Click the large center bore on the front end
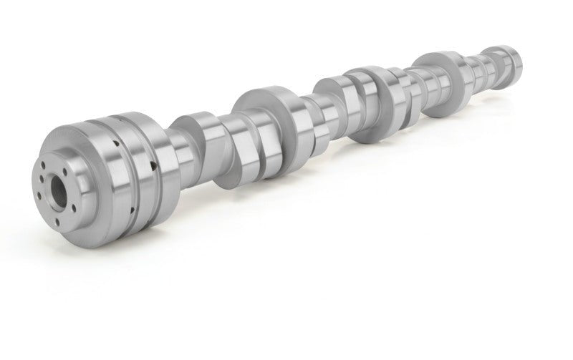[57, 179]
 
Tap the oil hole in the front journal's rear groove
[153, 170]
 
